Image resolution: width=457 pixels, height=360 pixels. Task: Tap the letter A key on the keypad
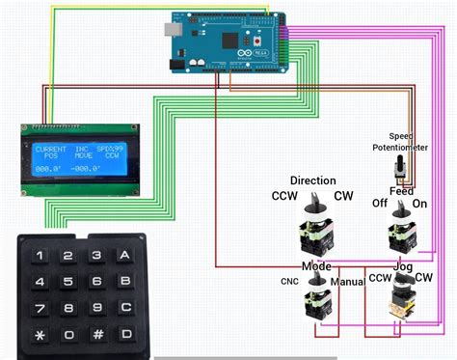coord(124,257)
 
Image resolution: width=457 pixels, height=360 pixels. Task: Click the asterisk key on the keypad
coord(40,336)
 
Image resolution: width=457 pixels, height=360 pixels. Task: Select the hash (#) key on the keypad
coord(97,336)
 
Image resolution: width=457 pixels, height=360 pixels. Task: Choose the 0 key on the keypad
coord(68,336)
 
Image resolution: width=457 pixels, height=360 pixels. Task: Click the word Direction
coord(312,180)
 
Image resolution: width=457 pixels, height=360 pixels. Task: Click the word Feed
coord(401,191)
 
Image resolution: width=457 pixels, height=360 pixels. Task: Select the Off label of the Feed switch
coord(381,205)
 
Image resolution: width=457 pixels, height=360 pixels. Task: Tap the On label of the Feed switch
coord(420,205)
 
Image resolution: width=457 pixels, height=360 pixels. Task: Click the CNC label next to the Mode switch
coord(287,282)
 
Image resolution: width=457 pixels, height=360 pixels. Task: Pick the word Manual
coord(347,282)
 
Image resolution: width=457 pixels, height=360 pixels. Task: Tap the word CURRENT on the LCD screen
coord(51,150)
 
